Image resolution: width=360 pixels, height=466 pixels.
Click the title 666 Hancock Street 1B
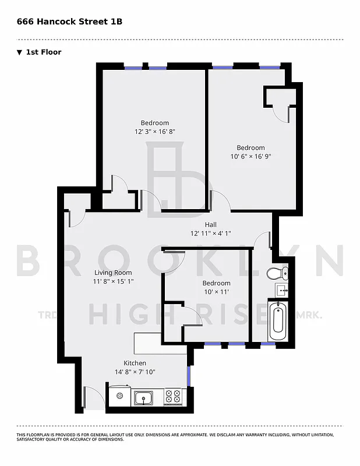(x=69, y=22)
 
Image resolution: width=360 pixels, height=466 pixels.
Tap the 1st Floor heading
(x=43, y=52)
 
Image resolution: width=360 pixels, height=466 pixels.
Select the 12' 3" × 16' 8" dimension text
(x=154, y=132)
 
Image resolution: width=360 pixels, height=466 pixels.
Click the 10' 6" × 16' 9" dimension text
(x=250, y=156)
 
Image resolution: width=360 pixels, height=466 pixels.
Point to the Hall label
(x=210, y=225)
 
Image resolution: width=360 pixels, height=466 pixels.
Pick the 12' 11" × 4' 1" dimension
(x=210, y=234)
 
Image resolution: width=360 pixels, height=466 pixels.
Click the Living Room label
(x=113, y=273)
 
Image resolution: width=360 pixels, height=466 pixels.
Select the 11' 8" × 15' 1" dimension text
(x=113, y=281)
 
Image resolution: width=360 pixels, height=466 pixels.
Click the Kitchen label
(x=135, y=363)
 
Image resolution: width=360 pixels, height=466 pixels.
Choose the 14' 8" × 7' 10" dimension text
(x=135, y=372)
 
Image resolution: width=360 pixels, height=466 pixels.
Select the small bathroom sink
(x=283, y=290)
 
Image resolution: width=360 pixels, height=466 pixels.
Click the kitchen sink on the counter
(x=143, y=398)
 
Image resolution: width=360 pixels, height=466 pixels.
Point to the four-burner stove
(x=173, y=397)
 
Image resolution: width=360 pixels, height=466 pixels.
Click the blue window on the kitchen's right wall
(x=189, y=374)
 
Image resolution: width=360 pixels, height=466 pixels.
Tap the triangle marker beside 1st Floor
(x=20, y=52)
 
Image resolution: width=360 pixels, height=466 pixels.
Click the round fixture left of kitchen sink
(x=120, y=396)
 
